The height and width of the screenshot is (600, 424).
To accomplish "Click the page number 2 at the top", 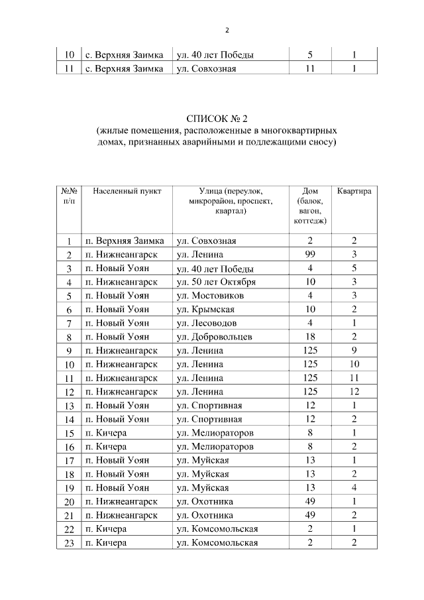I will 227,30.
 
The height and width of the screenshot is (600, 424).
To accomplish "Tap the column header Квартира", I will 354,191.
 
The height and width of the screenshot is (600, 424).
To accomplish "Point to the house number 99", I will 309,255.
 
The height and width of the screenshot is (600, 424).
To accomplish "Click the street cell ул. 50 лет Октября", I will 216,282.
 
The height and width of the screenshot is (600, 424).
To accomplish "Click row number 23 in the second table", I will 69,544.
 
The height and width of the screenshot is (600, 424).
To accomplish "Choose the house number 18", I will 309,337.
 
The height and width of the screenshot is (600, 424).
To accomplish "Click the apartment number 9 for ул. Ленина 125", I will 354,351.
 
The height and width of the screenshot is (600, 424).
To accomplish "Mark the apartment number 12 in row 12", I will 354,392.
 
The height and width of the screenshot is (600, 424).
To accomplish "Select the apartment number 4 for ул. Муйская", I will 354,488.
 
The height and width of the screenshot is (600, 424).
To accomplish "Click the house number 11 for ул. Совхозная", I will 309,68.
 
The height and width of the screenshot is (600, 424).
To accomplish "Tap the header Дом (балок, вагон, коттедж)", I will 309,206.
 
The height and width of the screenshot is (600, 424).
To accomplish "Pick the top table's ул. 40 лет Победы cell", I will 215,55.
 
